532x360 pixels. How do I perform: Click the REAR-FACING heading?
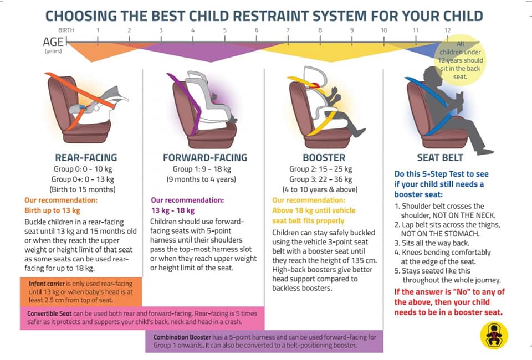click(x=86, y=158)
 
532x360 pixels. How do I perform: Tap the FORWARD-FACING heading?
click(x=205, y=158)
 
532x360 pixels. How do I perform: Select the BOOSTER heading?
click(x=324, y=158)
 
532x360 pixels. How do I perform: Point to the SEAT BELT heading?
click(x=440, y=158)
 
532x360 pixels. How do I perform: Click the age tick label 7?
click(x=288, y=30)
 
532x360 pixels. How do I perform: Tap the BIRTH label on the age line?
click(x=66, y=30)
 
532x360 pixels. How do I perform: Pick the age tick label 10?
click(x=383, y=30)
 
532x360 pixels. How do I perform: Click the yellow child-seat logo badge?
click(x=494, y=336)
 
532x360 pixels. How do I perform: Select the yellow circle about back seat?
click(x=460, y=60)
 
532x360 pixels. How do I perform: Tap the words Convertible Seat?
click(x=49, y=313)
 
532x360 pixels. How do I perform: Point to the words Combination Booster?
click(x=182, y=337)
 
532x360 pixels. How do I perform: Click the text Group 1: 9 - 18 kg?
click(x=202, y=169)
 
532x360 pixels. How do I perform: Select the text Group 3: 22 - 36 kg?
click(x=321, y=179)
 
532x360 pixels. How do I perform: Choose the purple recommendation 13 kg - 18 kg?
click(x=173, y=210)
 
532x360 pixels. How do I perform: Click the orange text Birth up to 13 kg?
click(x=52, y=210)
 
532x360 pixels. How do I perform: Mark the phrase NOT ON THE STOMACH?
click(x=441, y=234)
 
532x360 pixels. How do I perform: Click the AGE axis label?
click(x=53, y=42)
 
